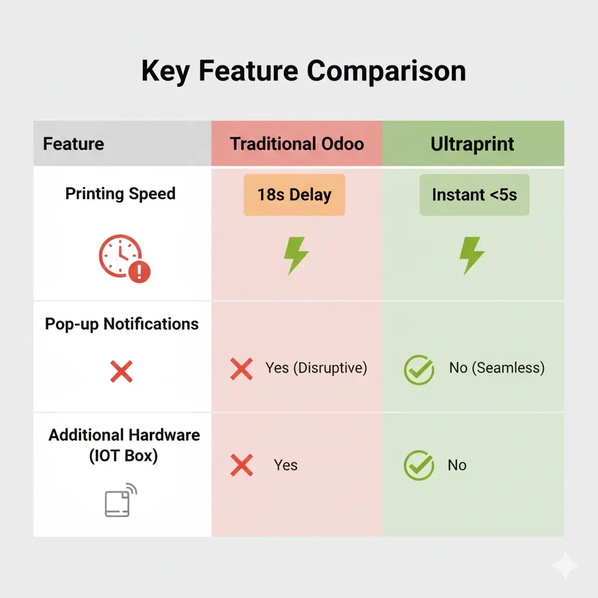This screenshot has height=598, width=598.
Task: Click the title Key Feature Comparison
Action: [x=304, y=71]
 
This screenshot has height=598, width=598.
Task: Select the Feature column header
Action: [x=74, y=144]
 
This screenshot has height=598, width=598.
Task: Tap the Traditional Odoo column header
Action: [x=297, y=144]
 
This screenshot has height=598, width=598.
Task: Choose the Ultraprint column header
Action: [x=472, y=144]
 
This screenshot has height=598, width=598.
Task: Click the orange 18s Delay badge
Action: [x=294, y=194]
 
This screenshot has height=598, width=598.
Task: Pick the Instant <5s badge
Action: [x=474, y=194]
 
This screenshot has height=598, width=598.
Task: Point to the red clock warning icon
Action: [x=124, y=259]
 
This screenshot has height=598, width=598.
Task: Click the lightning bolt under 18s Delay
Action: [x=296, y=255]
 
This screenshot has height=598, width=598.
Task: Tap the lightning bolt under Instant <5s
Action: [x=472, y=255]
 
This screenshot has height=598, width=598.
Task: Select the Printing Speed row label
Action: [x=120, y=194]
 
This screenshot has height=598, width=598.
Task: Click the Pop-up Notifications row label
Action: [x=121, y=324]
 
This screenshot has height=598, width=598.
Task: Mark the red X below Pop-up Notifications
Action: [x=121, y=371]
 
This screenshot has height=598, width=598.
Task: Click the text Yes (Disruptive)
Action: [x=316, y=368]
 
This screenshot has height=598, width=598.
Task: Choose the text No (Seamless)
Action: [x=496, y=368]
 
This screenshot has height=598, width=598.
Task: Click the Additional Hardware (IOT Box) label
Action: [x=124, y=445]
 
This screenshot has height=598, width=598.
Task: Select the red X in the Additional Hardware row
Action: [x=241, y=465]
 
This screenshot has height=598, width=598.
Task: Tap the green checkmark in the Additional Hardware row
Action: [x=419, y=465]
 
